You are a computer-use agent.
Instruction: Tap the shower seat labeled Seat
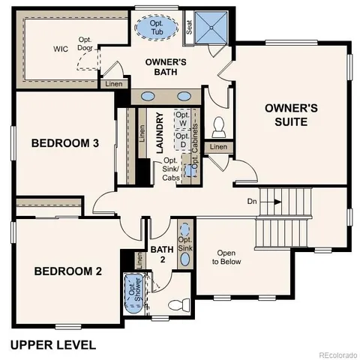pos(189,28)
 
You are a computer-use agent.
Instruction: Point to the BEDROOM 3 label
pos(64,143)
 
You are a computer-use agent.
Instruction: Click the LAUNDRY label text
pos(160,133)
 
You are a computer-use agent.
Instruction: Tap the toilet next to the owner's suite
pos(220,126)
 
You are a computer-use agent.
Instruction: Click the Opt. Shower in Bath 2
pos(133,295)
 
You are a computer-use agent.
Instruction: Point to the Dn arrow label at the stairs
pos(253,201)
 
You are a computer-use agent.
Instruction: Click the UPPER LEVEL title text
pos(52,345)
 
